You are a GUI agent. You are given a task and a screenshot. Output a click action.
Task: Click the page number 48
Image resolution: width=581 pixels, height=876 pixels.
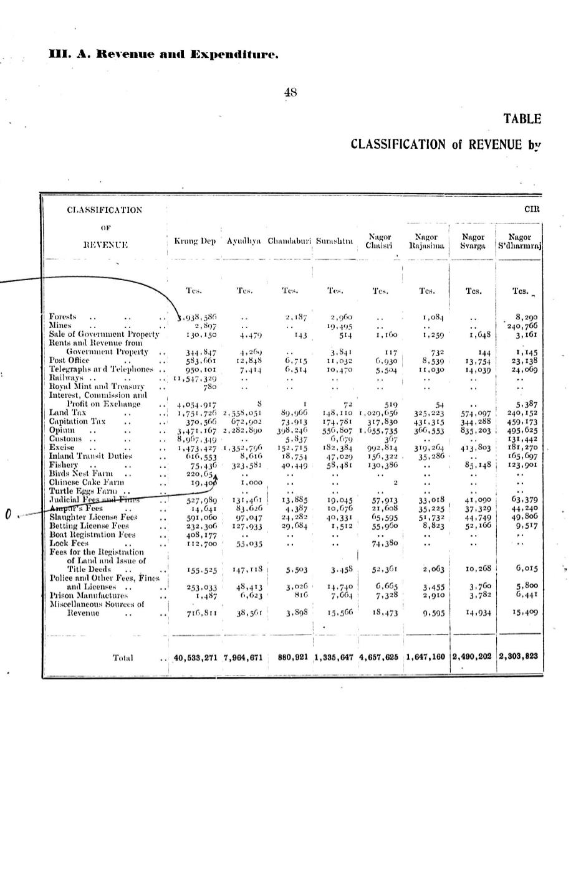click(x=290, y=92)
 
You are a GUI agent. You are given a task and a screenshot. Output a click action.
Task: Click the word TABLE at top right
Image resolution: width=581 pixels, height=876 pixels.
click(x=522, y=119)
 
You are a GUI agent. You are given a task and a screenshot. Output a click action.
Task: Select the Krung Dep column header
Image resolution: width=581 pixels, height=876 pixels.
click(x=194, y=241)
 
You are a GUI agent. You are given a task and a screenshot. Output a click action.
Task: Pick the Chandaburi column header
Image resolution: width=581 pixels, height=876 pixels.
click(x=289, y=241)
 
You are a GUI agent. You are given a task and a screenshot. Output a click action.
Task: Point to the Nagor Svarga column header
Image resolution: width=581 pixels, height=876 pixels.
click(x=473, y=241)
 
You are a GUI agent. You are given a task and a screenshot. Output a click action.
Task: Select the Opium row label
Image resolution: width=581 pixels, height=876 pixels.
click(x=60, y=430)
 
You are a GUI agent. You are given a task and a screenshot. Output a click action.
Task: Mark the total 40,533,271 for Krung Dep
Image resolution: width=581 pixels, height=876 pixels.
click(x=195, y=657)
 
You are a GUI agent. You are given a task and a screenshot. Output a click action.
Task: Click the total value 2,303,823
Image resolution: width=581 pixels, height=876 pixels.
click(x=519, y=656)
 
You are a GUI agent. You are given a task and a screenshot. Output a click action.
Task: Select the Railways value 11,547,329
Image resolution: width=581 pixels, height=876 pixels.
click(x=196, y=378)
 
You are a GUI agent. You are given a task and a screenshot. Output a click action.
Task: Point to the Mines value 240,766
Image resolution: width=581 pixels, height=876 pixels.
click(x=522, y=325)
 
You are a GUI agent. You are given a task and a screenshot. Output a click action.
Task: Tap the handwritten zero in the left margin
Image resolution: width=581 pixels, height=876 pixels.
click(x=8, y=514)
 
